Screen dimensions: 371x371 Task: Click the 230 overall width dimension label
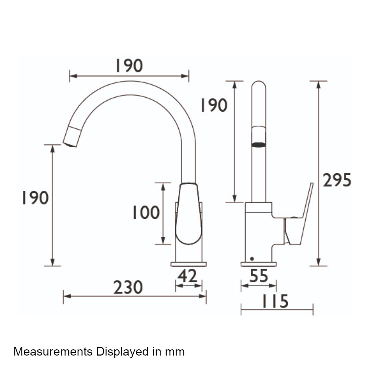(128, 287)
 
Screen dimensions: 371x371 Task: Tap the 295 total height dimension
(337, 180)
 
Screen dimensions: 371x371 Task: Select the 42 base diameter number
(187, 276)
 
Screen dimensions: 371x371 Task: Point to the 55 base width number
(259, 276)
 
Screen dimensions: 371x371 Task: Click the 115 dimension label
(275, 301)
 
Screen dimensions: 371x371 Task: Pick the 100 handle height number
(146, 212)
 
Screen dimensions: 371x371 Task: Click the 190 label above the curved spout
(129, 66)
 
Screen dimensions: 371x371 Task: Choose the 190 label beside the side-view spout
(214, 105)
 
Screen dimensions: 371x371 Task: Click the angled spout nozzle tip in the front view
(71, 137)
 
